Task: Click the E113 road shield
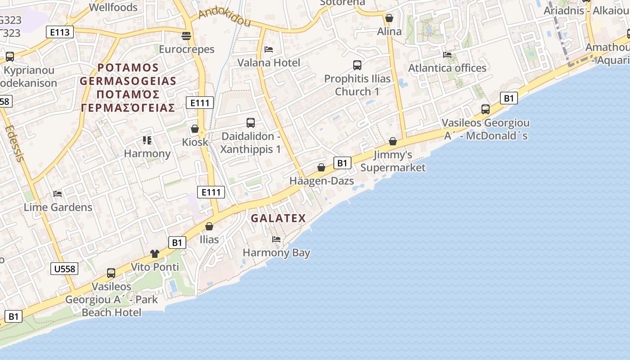tap(60, 32)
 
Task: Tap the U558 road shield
tap(64, 269)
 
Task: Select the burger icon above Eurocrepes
tap(186, 36)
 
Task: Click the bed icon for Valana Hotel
tap(269, 49)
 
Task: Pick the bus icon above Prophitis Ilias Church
tap(357, 65)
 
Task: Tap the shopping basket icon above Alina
tap(389, 18)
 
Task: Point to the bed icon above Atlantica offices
tap(447, 54)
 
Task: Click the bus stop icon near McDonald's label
tap(485, 109)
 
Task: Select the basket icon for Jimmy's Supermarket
tap(393, 141)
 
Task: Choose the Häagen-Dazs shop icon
tap(321, 167)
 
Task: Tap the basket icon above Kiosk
tap(195, 129)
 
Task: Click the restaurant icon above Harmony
tap(147, 140)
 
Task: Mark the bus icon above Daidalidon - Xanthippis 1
tap(251, 122)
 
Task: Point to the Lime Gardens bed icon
tap(58, 194)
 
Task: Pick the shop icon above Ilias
tap(209, 226)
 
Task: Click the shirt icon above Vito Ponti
tap(155, 253)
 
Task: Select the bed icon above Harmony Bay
tap(276, 239)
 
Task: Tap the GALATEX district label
tap(278, 218)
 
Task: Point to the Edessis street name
tap(14, 144)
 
